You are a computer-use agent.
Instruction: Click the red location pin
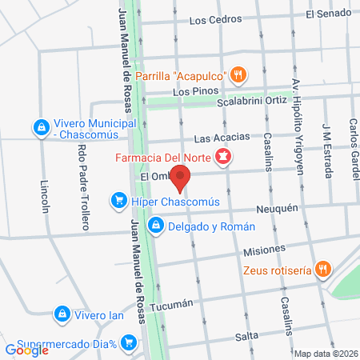coord(182,178)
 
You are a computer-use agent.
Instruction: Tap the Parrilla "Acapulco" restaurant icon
coord(238,76)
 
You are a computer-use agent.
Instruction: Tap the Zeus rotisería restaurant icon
coord(322,270)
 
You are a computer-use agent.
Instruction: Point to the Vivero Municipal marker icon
coord(40,126)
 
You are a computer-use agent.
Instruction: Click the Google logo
coord(26,350)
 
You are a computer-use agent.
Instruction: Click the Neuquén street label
coord(277,208)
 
